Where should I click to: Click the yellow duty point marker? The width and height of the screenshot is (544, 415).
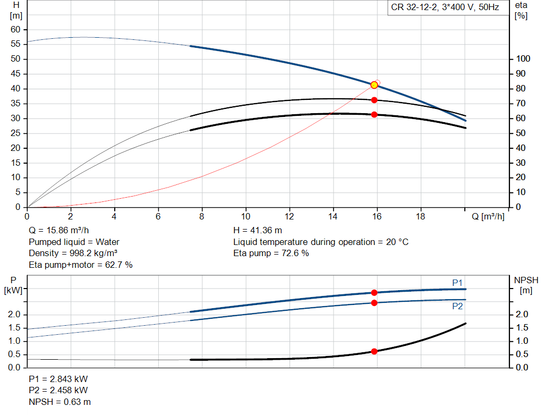click(374, 85)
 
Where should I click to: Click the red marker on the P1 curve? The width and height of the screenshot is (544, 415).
click(374, 292)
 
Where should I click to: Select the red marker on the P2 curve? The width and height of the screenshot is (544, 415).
click(374, 303)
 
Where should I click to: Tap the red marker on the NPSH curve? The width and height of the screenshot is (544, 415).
click(374, 351)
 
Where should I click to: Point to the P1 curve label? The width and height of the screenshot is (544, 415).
click(457, 283)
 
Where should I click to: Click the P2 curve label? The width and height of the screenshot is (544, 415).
click(457, 307)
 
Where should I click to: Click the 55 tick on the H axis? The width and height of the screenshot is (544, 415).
click(15, 44)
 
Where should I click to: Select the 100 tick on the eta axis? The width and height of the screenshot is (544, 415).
click(523, 58)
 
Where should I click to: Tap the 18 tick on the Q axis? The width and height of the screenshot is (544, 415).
click(421, 216)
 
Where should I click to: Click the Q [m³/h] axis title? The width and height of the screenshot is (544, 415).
click(488, 217)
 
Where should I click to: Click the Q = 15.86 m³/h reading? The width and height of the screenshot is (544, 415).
click(58, 230)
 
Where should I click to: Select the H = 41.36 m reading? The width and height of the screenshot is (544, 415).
click(258, 230)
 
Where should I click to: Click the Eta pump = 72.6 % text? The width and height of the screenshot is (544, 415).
click(271, 253)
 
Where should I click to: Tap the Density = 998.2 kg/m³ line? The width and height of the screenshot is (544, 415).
click(73, 253)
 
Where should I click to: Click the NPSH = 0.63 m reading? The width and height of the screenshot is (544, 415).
click(59, 402)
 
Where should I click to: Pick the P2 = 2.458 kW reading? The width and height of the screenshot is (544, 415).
click(58, 391)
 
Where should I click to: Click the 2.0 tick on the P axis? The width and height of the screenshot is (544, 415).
click(14, 315)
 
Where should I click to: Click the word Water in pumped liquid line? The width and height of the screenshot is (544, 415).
click(107, 242)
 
